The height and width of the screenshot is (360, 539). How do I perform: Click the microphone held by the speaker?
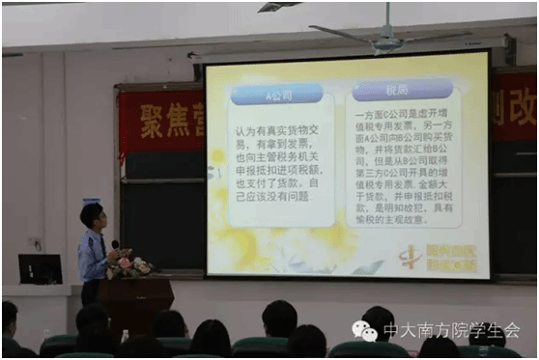115,245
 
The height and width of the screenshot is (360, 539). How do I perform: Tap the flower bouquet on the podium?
131,263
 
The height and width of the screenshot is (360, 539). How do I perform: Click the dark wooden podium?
133,303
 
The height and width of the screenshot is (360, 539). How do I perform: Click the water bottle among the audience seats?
125,336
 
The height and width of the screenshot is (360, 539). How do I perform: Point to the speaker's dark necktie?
102,247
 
